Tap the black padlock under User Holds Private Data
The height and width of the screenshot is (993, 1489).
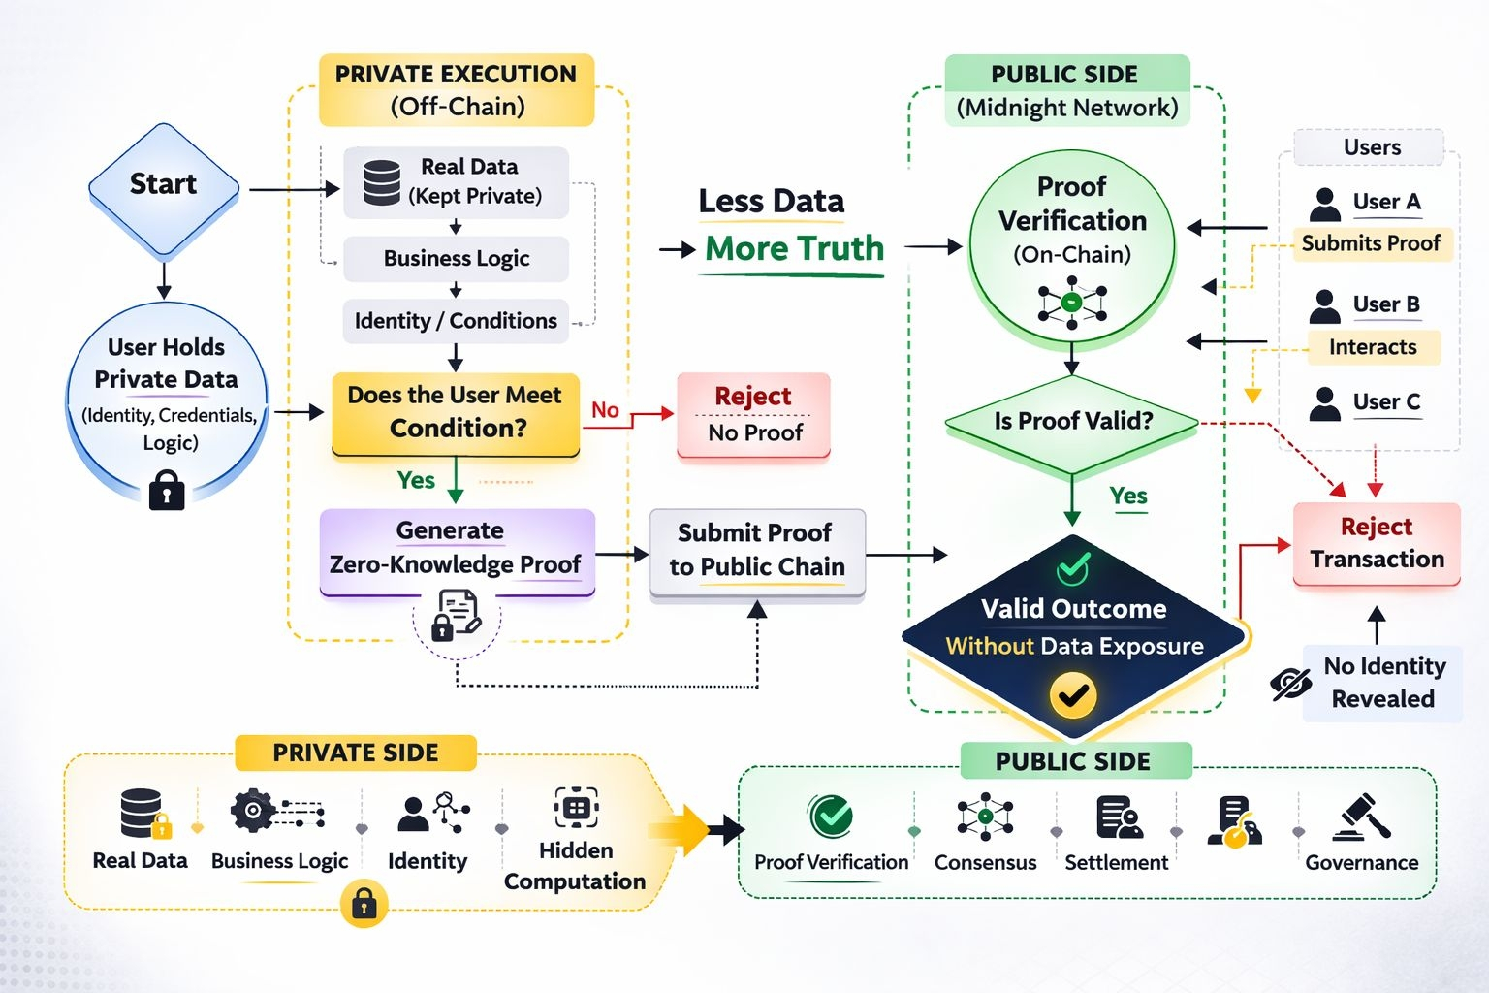[x=167, y=490]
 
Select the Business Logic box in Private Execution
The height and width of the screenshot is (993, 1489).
[x=456, y=259]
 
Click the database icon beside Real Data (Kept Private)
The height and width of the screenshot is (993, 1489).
[x=382, y=182]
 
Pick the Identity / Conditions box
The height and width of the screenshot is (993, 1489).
[x=456, y=321]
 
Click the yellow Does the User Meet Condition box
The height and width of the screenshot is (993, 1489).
[x=456, y=412]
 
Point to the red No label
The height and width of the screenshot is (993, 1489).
[x=605, y=410]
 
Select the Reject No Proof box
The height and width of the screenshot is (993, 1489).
[x=754, y=414]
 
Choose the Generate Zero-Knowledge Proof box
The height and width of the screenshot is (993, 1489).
[x=456, y=549]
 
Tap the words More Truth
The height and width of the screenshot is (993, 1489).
[x=794, y=249]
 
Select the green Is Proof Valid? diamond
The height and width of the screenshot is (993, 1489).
[x=1072, y=422]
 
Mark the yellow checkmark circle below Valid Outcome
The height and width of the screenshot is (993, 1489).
[x=1073, y=694]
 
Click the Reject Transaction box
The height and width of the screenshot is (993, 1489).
[x=1377, y=543]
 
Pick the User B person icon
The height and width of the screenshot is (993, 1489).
[x=1324, y=305]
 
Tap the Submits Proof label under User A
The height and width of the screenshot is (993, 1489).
[x=1371, y=243]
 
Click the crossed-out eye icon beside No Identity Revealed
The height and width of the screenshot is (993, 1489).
[x=1290, y=684]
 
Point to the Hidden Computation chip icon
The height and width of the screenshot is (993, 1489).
[x=576, y=807]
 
